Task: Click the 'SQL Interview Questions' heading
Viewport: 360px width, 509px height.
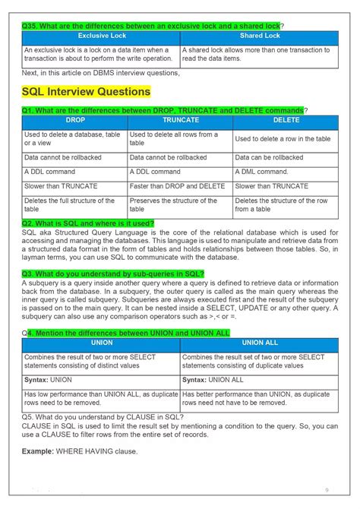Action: pos(86,92)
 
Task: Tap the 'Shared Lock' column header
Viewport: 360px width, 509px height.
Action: pos(260,36)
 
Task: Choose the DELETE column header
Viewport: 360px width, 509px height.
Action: pos(286,121)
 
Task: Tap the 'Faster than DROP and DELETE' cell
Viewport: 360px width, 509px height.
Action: pos(177,186)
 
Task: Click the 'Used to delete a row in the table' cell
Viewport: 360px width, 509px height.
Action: pos(283,139)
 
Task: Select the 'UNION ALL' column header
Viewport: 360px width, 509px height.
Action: pos(259,343)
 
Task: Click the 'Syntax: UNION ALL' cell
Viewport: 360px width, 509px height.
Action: pos(213,379)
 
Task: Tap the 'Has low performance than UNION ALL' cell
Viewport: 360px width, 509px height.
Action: pos(100,398)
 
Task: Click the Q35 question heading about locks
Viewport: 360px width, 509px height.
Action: pos(151,26)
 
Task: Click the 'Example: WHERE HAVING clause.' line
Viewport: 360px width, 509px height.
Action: pos(80,451)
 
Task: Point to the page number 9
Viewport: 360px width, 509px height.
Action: pos(327,489)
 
